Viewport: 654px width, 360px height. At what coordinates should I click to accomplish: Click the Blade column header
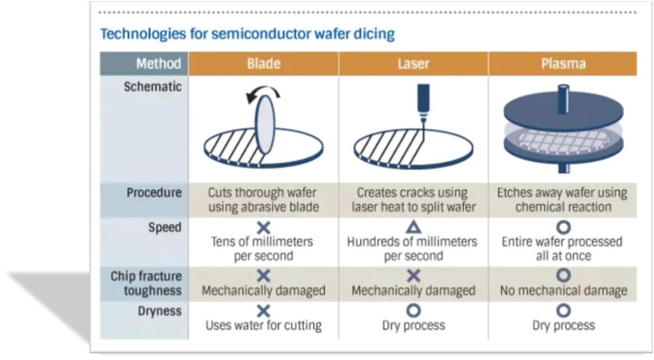(264, 64)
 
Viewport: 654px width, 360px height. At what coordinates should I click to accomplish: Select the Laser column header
(413, 64)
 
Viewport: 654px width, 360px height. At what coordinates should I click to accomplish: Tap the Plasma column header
(563, 64)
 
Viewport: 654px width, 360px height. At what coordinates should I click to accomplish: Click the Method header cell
(158, 64)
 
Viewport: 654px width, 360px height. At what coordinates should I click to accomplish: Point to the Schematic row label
(153, 86)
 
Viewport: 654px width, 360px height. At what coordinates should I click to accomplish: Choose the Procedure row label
(154, 192)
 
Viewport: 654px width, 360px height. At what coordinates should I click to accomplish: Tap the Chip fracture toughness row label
(146, 283)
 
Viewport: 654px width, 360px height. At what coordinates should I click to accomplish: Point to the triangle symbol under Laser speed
(413, 227)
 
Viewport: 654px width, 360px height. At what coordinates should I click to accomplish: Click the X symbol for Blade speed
(263, 227)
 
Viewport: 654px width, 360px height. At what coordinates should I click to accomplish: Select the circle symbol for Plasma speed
(563, 227)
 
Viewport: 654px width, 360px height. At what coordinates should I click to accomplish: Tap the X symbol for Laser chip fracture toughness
(413, 276)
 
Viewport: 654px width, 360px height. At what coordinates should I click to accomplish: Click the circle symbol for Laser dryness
(413, 311)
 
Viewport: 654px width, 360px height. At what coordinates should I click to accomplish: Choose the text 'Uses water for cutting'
(263, 325)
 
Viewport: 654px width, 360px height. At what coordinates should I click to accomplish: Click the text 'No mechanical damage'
(563, 290)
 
